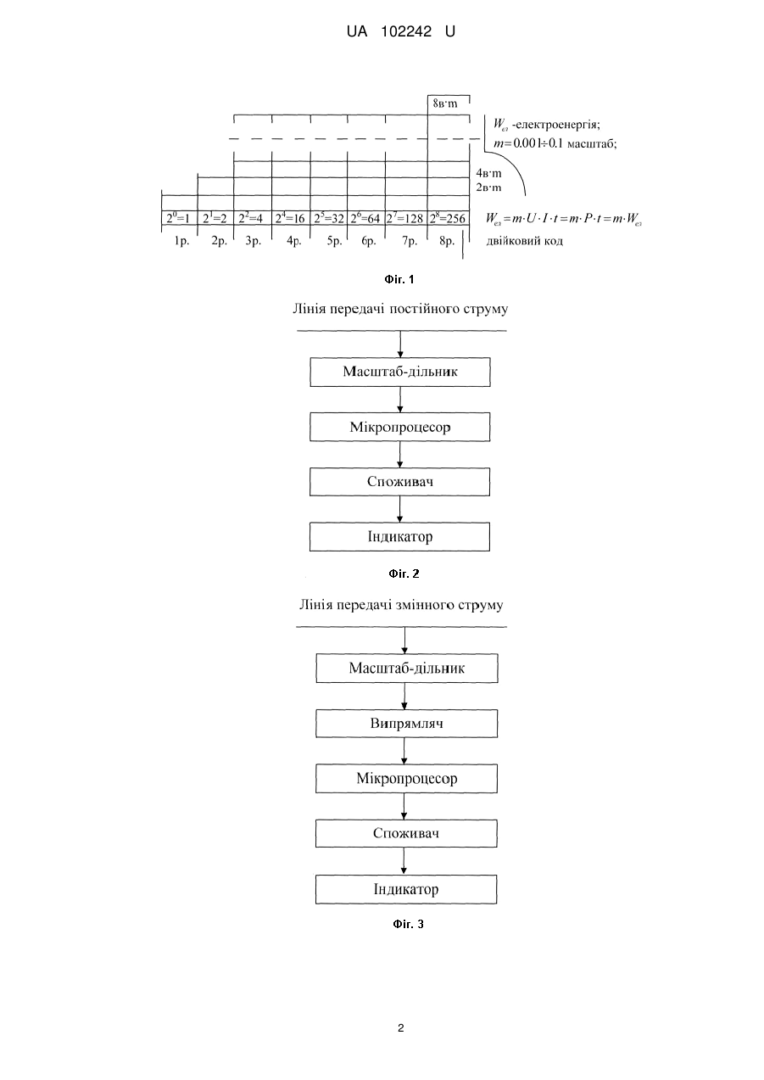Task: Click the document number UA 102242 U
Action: (x=400, y=32)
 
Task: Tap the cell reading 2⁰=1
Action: (x=179, y=218)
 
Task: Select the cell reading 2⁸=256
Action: (x=449, y=218)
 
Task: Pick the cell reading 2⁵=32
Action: (x=329, y=218)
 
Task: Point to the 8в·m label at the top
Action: (x=445, y=104)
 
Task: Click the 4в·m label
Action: (x=488, y=173)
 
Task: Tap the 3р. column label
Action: (x=253, y=241)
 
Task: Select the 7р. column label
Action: (x=410, y=241)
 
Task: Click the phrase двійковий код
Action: (x=524, y=241)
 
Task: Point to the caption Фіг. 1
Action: (x=399, y=279)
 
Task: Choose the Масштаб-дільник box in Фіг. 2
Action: (x=400, y=372)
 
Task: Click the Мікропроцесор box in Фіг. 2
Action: (x=400, y=427)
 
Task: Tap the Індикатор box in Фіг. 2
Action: (x=399, y=537)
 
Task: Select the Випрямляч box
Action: (x=407, y=723)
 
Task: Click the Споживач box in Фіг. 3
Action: (x=406, y=833)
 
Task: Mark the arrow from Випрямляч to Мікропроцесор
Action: (x=404, y=751)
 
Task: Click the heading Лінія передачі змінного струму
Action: (x=401, y=605)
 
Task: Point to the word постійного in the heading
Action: (x=424, y=309)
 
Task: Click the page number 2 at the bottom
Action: (x=400, y=1028)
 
